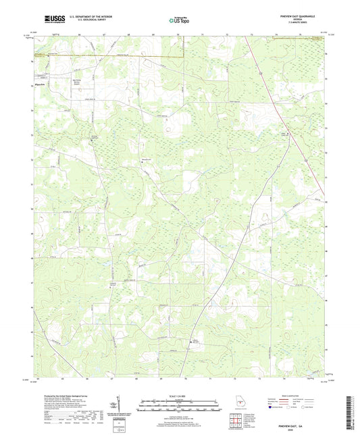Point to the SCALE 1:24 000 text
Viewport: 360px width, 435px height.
tap(180, 395)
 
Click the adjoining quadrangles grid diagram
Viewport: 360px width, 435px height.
tap(233, 420)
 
